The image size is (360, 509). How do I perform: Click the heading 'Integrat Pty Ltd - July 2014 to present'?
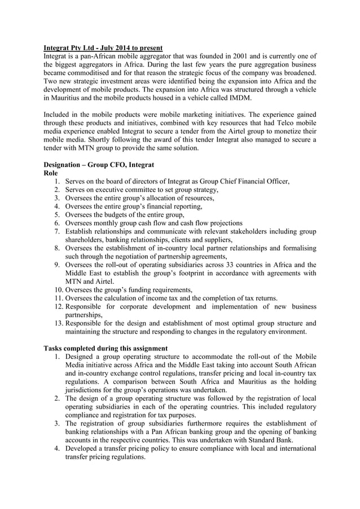(x=103, y=47)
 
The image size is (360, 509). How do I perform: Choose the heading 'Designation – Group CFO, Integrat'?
(x=99, y=164)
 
